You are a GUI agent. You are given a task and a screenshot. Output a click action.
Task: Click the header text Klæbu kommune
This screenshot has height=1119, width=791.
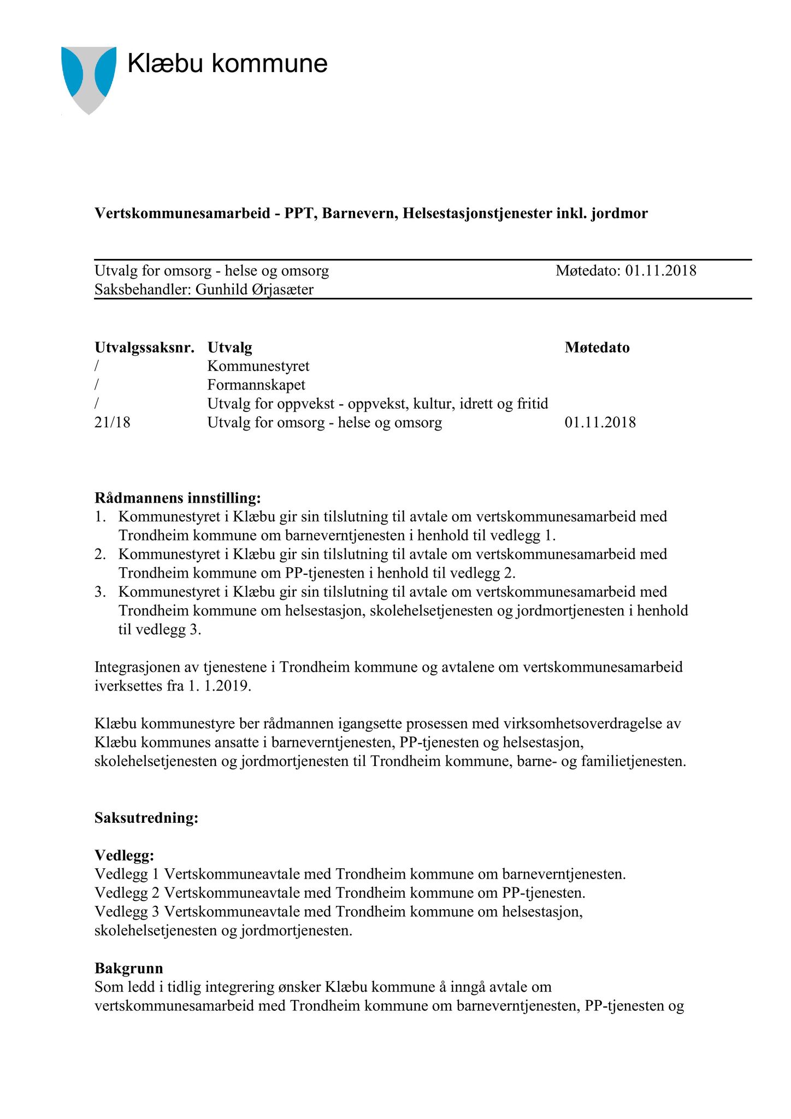click(x=227, y=64)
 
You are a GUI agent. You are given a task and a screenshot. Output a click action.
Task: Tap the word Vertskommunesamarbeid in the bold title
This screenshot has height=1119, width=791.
click(x=182, y=213)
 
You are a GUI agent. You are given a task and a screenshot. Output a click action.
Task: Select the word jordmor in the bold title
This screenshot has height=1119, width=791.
click(x=621, y=213)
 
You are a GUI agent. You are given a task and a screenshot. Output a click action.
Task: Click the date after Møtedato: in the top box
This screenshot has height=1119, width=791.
click(x=661, y=270)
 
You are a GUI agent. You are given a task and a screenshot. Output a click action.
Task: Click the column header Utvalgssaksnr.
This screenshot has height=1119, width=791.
click(x=144, y=348)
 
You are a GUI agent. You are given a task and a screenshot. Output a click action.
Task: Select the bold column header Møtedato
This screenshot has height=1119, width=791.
click(x=597, y=348)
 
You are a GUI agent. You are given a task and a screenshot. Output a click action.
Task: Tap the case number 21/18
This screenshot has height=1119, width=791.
click(x=113, y=422)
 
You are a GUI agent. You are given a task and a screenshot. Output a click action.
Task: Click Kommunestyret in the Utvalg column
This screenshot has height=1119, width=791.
click(x=258, y=366)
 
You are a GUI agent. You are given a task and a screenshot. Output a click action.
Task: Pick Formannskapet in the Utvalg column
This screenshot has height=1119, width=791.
click(x=256, y=385)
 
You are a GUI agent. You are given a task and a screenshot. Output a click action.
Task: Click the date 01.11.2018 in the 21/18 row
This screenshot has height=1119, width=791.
click(x=600, y=422)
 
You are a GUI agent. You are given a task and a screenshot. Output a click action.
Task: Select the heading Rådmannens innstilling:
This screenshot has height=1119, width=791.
click(x=178, y=498)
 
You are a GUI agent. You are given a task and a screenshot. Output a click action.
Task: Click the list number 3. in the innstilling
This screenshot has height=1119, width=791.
click(x=100, y=592)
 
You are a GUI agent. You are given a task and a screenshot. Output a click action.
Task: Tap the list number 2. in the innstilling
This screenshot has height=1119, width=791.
click(x=100, y=554)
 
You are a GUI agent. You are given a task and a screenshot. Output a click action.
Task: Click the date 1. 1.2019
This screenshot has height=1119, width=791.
click(x=220, y=686)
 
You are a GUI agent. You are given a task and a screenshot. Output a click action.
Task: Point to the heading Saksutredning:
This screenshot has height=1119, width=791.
click(x=146, y=818)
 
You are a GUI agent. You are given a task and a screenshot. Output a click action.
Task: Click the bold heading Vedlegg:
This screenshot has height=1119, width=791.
click(x=125, y=855)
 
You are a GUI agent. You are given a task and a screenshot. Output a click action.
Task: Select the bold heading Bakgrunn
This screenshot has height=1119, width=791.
click(x=129, y=968)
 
